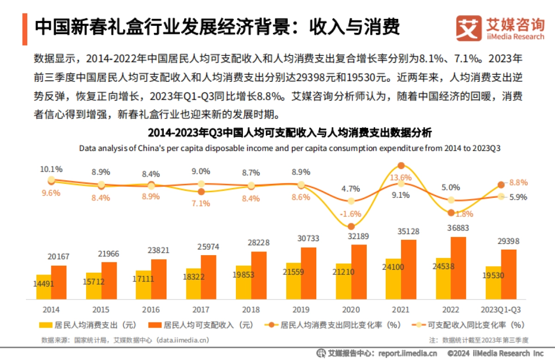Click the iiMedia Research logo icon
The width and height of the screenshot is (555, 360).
pyautogui.click(x=469, y=29)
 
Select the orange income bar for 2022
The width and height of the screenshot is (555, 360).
pyautogui.click(x=458, y=268)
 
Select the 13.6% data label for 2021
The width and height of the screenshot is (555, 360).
pyautogui.click(x=401, y=177)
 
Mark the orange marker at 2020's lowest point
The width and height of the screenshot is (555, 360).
pyautogui.click(x=351, y=226)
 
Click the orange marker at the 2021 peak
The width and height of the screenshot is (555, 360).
pyautogui.click(x=401, y=165)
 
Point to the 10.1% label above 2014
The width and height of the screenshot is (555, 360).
pyautogui.click(x=51, y=169)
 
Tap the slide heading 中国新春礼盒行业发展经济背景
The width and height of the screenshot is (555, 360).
pyautogui.click(x=217, y=27)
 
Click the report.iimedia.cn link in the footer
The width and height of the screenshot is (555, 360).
pyautogui.click(x=407, y=354)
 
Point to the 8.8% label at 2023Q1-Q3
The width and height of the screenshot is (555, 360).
pyautogui.click(x=518, y=182)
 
